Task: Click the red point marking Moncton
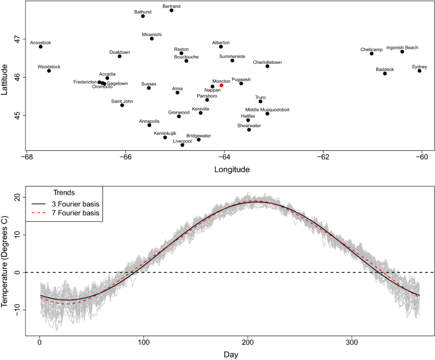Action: (222, 85)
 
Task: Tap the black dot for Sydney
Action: (419, 71)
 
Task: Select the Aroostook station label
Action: (40, 42)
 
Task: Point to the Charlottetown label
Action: (267, 62)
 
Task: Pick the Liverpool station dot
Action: (182, 145)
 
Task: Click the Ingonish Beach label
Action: (402, 48)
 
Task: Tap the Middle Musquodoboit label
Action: (267, 109)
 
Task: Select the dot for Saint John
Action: (122, 105)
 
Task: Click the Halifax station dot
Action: (248, 120)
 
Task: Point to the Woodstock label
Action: (49, 67)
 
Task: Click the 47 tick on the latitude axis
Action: (17, 39)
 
